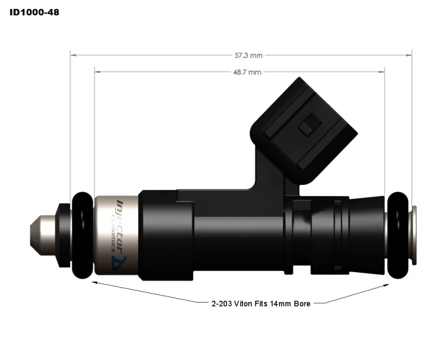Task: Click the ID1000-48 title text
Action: pyautogui.click(x=34, y=12)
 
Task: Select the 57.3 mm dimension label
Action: pyautogui.click(x=249, y=55)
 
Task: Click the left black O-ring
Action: pyautogui.click(x=83, y=235)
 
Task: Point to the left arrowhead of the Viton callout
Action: pyautogui.click(x=93, y=282)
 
